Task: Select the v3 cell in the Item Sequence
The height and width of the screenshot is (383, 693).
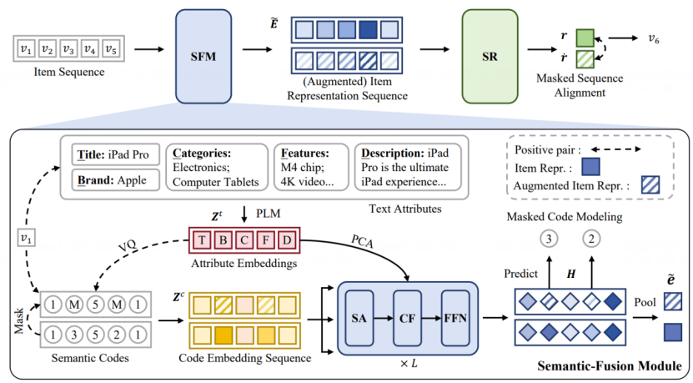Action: pyautogui.click(x=68, y=48)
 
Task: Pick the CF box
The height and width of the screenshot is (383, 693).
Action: pyautogui.click(x=406, y=319)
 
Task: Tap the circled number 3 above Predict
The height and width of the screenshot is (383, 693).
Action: pyautogui.click(x=550, y=240)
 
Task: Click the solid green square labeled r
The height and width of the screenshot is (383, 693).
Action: pyautogui.click(x=585, y=38)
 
